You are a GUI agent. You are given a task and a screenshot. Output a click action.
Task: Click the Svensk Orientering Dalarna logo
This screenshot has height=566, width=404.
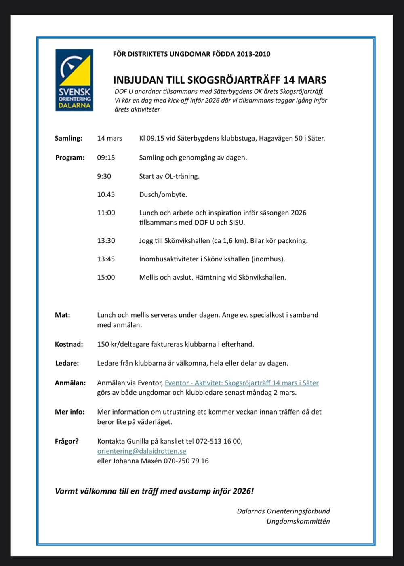74,80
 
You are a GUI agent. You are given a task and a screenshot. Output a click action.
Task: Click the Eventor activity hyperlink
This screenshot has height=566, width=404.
242,383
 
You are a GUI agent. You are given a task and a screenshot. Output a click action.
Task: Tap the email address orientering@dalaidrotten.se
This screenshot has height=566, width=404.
141,451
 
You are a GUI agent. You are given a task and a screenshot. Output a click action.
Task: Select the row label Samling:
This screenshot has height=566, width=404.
69,138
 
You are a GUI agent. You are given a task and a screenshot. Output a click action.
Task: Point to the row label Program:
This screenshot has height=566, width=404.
70,158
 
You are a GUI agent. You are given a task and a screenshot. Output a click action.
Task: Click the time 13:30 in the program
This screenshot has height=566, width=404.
106,241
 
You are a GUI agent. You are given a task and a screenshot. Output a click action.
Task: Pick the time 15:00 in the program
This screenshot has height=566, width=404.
106,278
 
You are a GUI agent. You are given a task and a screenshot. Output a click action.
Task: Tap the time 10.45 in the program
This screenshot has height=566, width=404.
106,194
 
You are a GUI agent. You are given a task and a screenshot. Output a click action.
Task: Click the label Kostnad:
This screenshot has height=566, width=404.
69,345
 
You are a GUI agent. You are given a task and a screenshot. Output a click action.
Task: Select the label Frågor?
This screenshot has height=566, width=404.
67,441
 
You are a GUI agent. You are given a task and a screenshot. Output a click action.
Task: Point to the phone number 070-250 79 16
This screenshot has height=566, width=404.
186,461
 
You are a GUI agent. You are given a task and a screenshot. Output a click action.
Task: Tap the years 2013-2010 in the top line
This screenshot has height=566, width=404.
254,54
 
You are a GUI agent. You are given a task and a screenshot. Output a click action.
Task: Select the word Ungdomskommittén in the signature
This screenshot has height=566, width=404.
298,521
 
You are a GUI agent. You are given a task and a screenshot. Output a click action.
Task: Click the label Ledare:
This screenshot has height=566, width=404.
67,363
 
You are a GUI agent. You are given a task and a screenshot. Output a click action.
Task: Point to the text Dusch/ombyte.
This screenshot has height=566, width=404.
163,194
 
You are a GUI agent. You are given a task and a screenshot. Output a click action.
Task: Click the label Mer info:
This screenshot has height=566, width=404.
70,412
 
